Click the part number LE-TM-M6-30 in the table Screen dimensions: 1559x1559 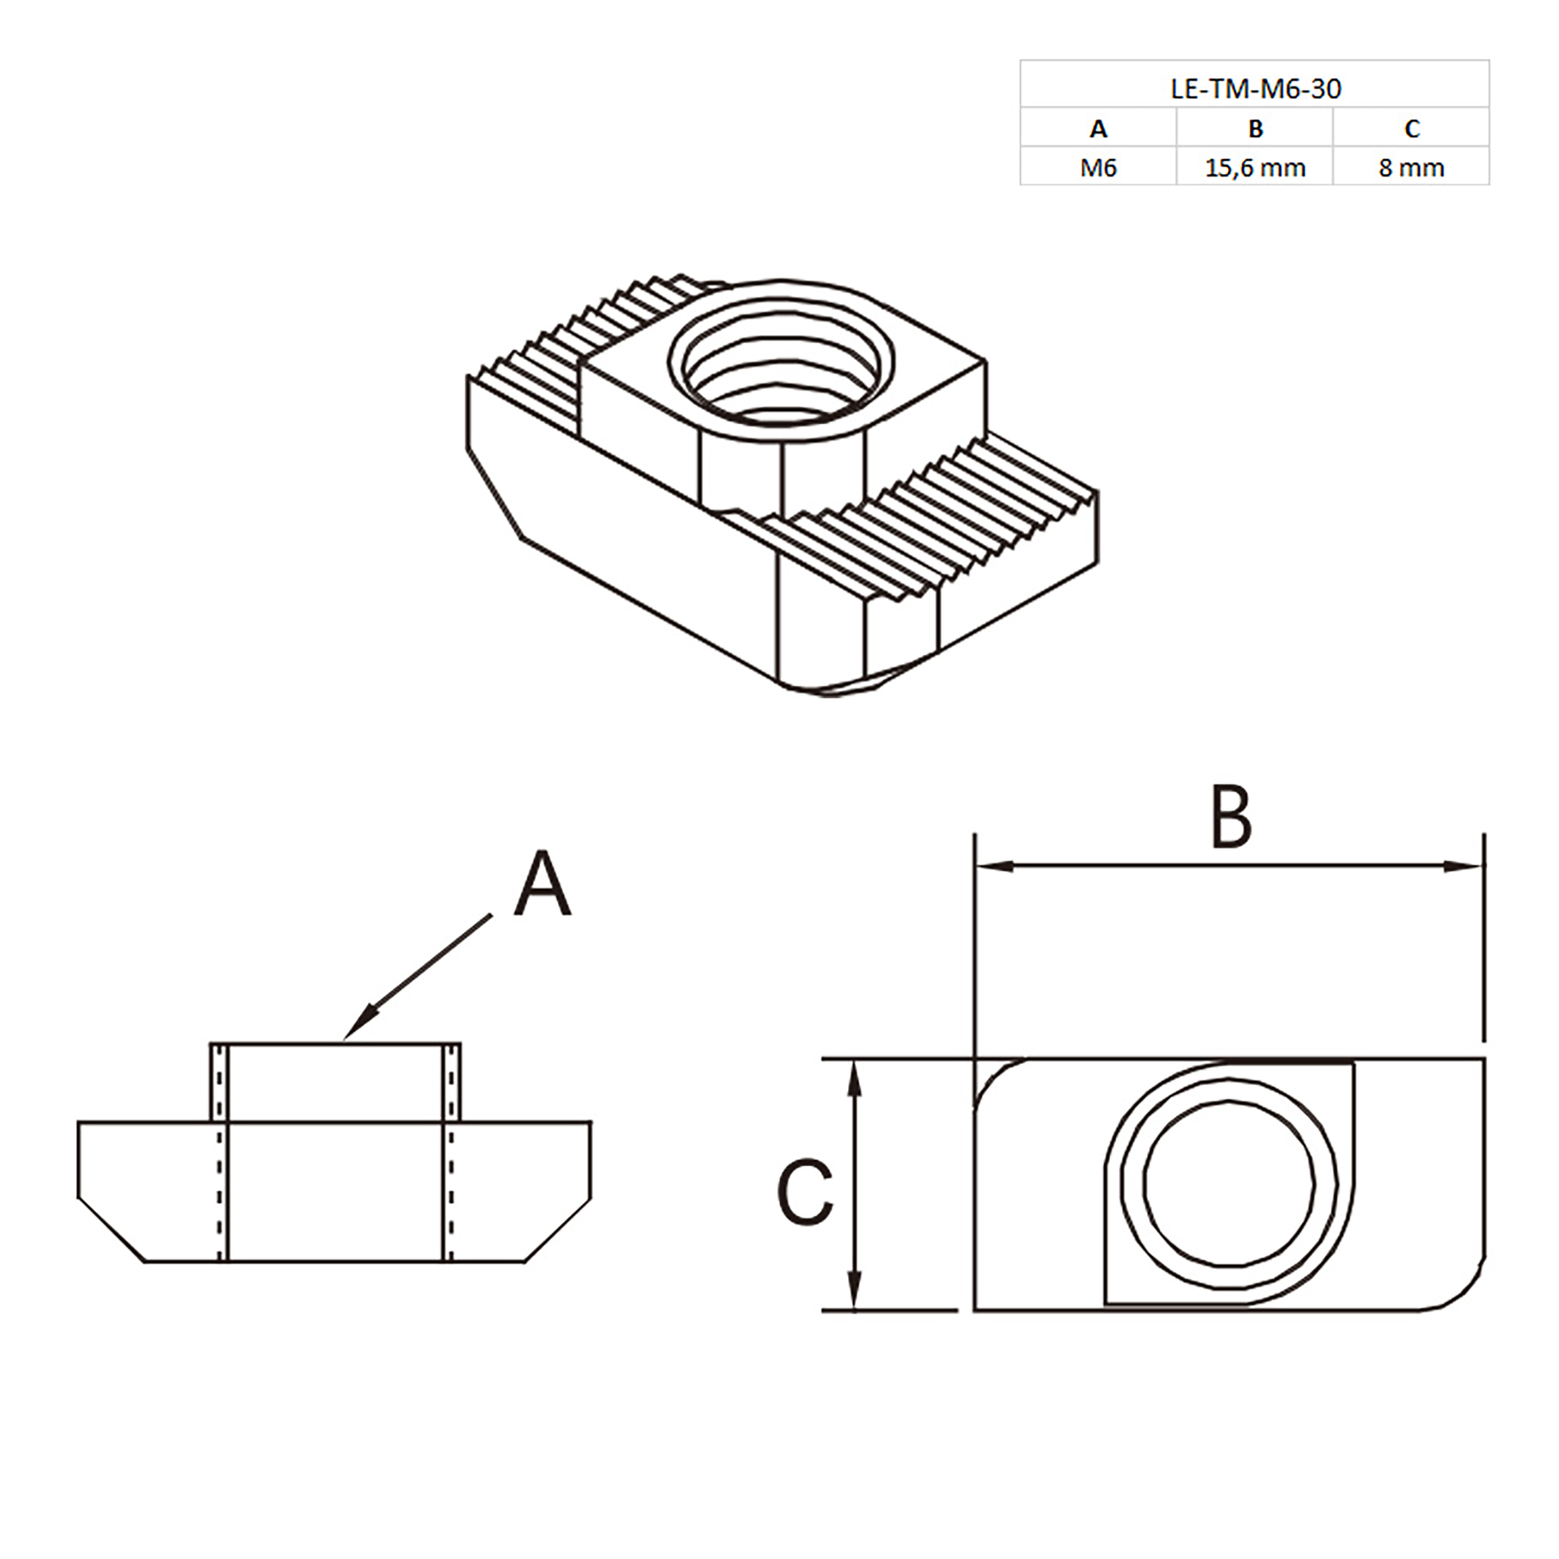pyautogui.click(x=1255, y=88)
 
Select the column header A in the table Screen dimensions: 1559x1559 pyautogui.click(x=1098, y=128)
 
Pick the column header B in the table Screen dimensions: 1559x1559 pyautogui.click(x=1255, y=128)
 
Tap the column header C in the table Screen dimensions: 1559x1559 pyautogui.click(x=1411, y=128)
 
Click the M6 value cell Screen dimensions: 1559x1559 pyautogui.click(x=1098, y=168)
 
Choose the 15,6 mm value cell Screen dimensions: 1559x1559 pyautogui.click(x=1255, y=168)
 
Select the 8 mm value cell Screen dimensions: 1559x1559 pyautogui.click(x=1411, y=168)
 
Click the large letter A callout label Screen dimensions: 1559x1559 pyautogui.click(x=543, y=884)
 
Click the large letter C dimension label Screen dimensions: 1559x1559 pyautogui.click(x=804, y=1194)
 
